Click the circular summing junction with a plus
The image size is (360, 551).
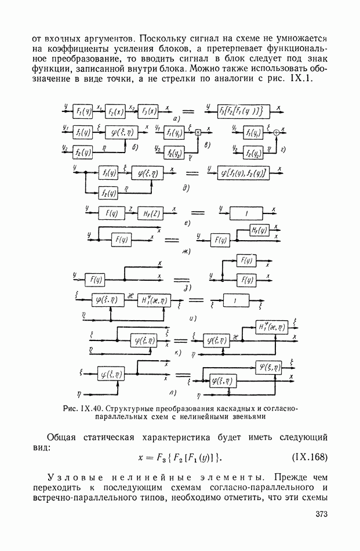tap(276, 132)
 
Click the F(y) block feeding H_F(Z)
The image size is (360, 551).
tap(112, 214)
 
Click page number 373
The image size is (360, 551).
tap(322, 514)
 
